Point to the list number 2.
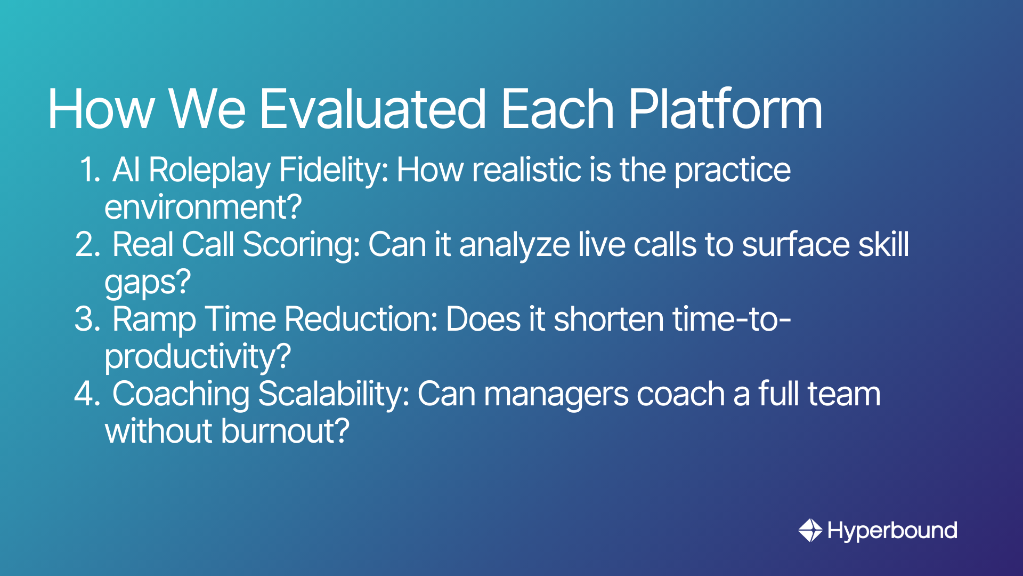[88, 245]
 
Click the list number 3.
[88, 319]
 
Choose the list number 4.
[88, 394]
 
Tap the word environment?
[203, 207]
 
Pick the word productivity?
[198, 357]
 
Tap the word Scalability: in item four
[334, 395]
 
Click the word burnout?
[285, 431]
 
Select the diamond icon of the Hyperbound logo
[810, 530]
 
